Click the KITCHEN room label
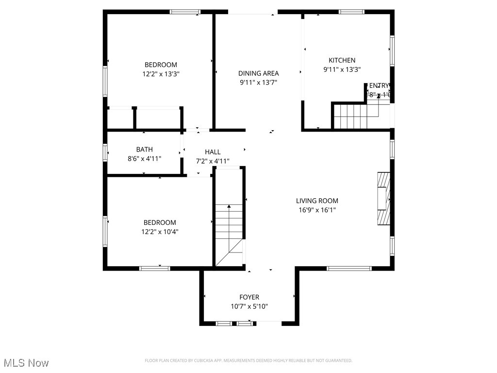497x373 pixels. tap(342, 60)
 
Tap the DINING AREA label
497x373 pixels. tap(258, 73)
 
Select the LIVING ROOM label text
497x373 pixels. tap(317, 201)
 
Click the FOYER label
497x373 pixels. tap(249, 297)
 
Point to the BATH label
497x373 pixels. tap(144, 150)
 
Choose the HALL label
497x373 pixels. tap(213, 152)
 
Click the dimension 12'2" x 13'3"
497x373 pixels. tap(160, 74)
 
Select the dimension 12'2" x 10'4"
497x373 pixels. tap(160, 232)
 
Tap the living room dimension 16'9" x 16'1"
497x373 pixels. tap(317, 210)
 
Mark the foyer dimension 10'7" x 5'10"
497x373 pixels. tap(249, 306)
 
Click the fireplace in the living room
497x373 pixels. tap(383, 199)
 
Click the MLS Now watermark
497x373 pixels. tap(26, 363)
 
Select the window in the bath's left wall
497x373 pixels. tap(105, 153)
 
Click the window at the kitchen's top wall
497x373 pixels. tap(351, 12)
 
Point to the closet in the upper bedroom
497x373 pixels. tap(145, 119)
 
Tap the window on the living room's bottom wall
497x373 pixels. tap(348, 268)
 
